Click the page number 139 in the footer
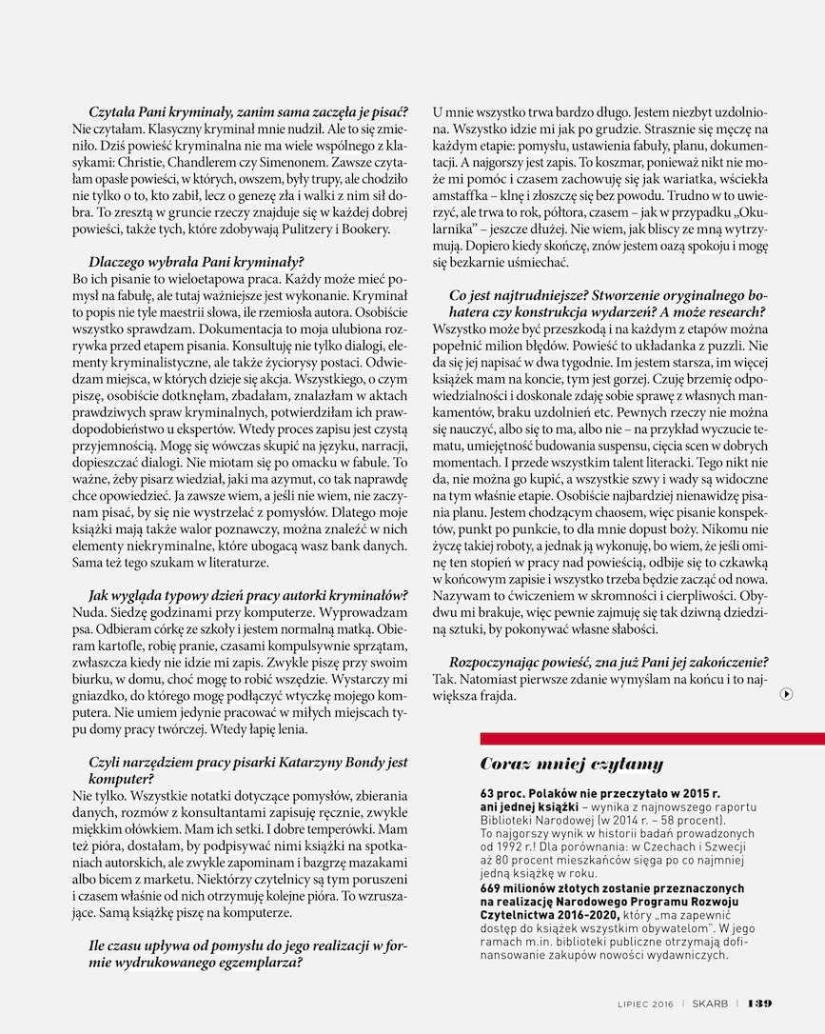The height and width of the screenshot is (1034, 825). pos(759,1003)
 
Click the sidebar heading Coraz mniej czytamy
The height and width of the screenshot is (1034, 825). pos(571,764)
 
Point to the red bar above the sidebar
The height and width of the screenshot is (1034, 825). pos(652,738)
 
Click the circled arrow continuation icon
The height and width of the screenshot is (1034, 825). pos(787,694)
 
